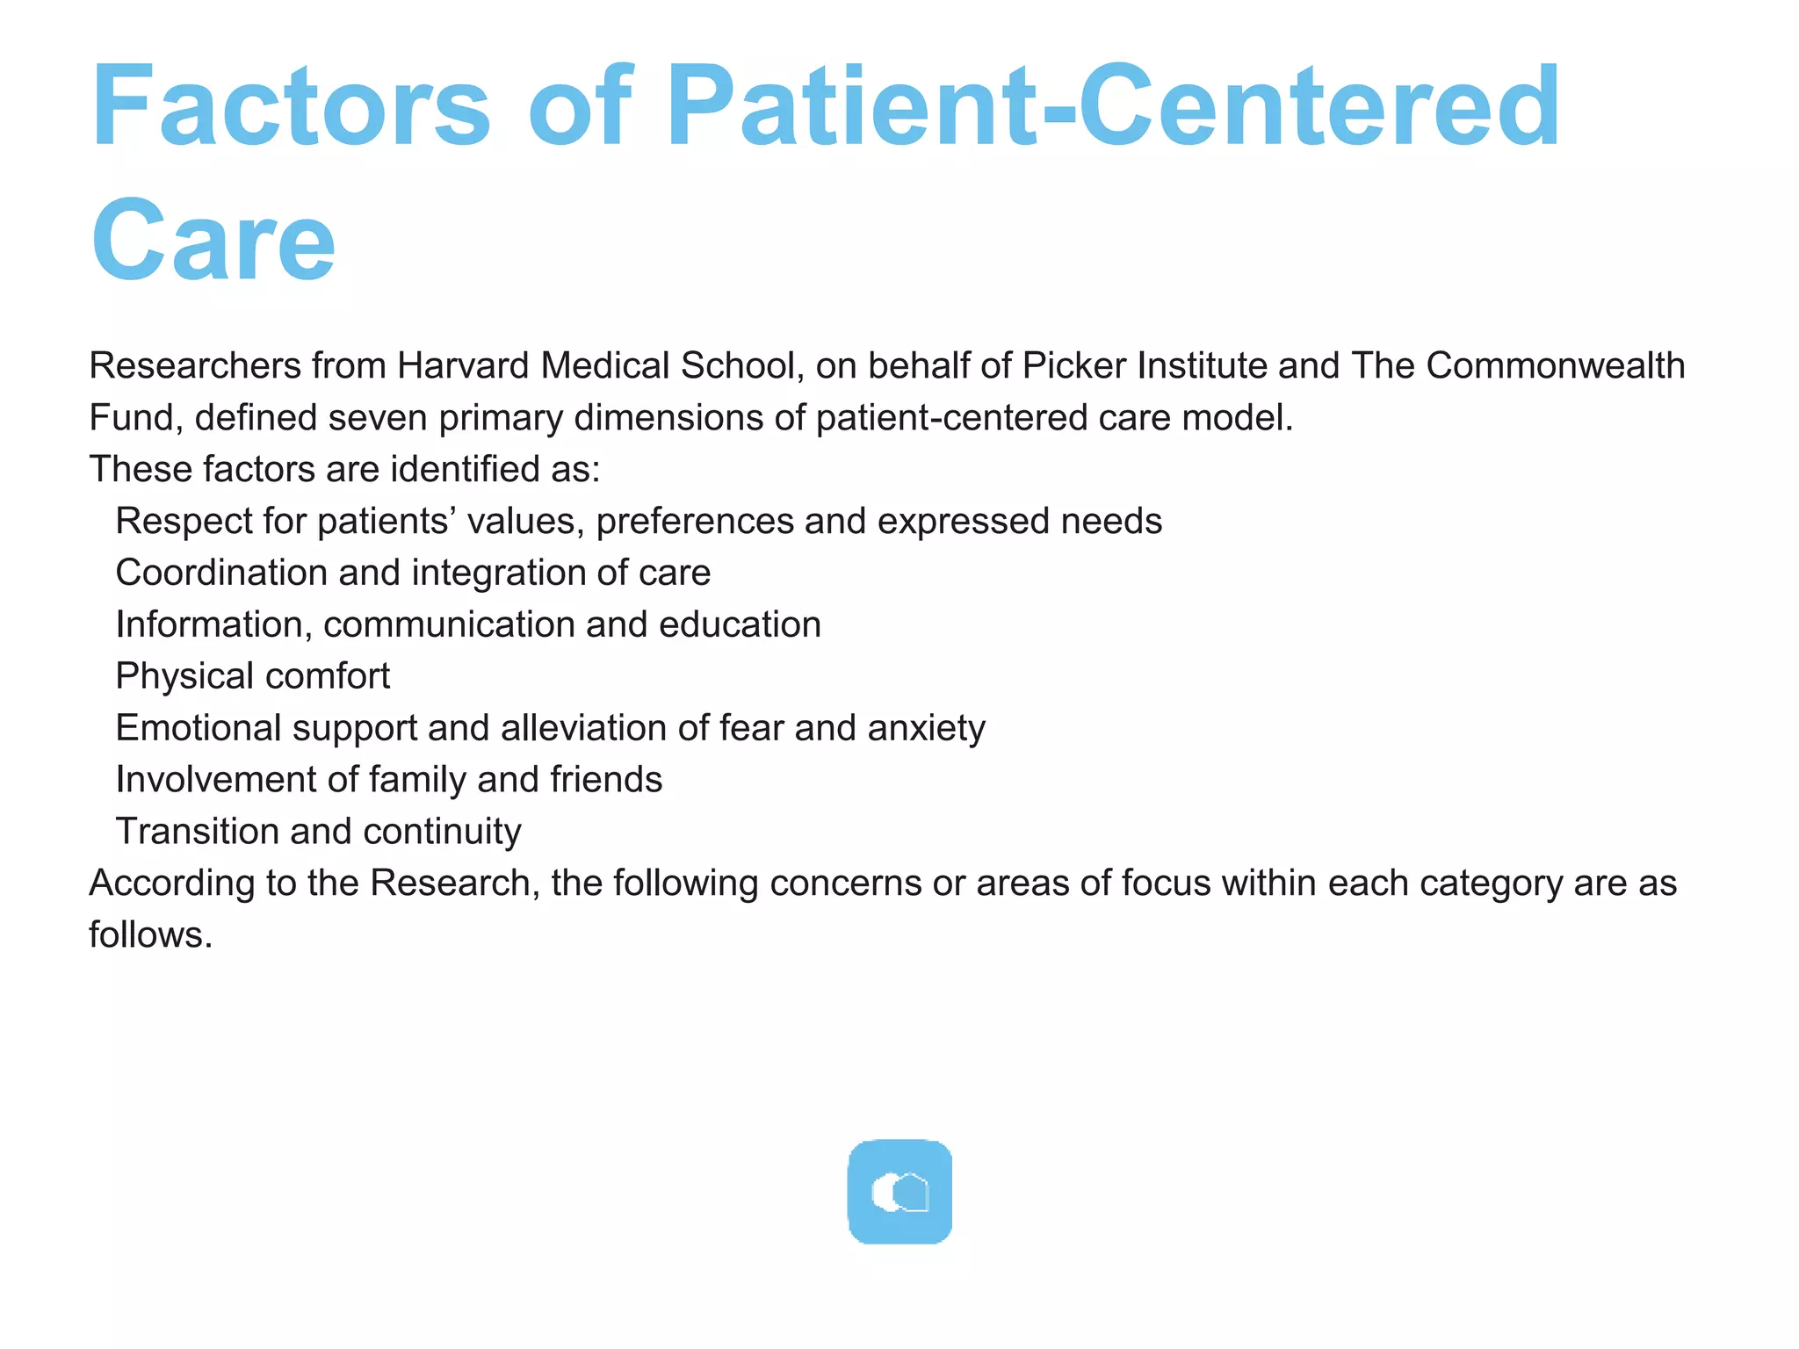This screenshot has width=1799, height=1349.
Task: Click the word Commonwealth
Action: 1555,365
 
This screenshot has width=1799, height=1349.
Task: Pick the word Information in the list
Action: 213,624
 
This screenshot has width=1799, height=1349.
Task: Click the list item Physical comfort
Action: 253,676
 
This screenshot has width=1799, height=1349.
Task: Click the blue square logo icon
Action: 899,1192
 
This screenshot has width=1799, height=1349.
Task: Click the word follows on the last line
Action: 150,934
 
